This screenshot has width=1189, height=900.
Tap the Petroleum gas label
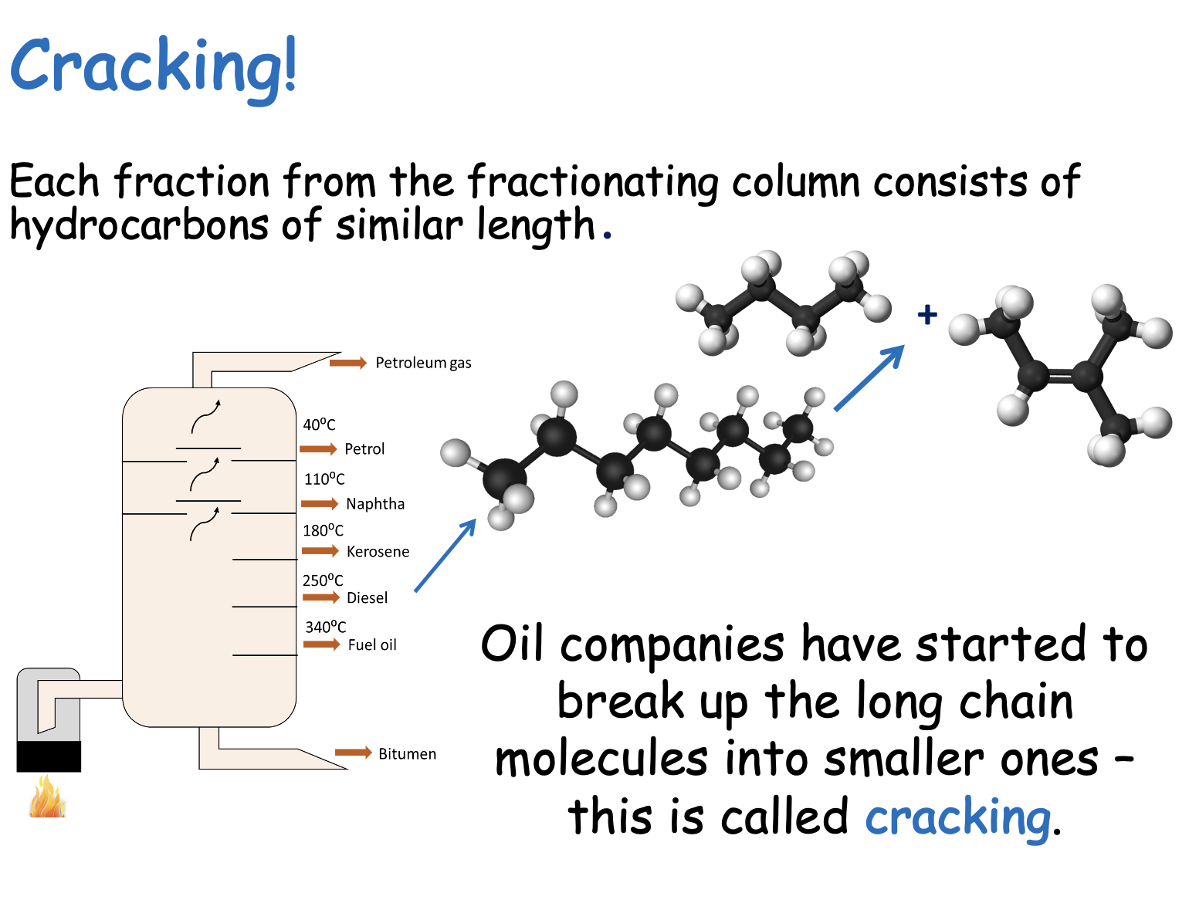tap(423, 363)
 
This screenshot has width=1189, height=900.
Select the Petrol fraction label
tap(364, 449)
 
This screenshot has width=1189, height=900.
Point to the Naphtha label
tap(375, 504)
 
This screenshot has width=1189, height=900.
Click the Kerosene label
tap(378, 552)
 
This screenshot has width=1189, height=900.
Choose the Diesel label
tap(368, 598)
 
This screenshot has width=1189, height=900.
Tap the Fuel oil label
tap(372, 645)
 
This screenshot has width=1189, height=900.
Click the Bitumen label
tap(408, 754)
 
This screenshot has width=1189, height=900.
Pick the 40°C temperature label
tap(319, 424)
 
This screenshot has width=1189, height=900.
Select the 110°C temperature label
tap(324, 479)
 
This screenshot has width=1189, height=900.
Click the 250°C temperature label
tap(323, 580)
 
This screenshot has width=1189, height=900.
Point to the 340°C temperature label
tap(326, 627)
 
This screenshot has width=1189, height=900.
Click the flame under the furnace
tap(48, 796)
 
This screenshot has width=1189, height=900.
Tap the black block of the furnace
tap(49, 756)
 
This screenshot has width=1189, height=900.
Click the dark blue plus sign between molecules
tap(927, 315)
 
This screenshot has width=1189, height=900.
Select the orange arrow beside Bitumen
tap(354, 752)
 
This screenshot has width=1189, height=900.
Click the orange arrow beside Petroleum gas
tap(348, 362)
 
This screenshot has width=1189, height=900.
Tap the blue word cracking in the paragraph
tap(957, 817)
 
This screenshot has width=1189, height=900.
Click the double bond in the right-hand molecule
tap(1060, 374)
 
